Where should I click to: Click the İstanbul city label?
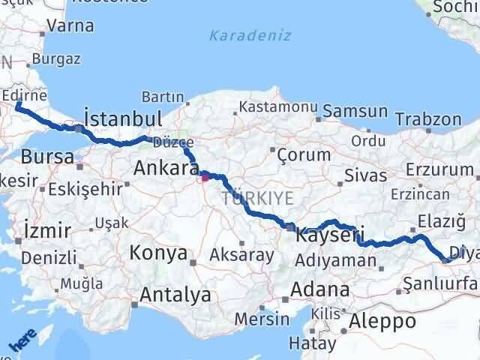click(x=123, y=119)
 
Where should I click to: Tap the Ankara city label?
click(x=165, y=169)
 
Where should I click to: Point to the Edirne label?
click(x=25, y=96)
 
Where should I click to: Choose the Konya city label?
click(x=158, y=253)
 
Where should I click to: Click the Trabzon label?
click(x=427, y=119)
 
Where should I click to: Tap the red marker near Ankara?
click(x=205, y=178)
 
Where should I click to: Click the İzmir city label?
click(x=47, y=229)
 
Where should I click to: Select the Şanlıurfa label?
click(x=439, y=283)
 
